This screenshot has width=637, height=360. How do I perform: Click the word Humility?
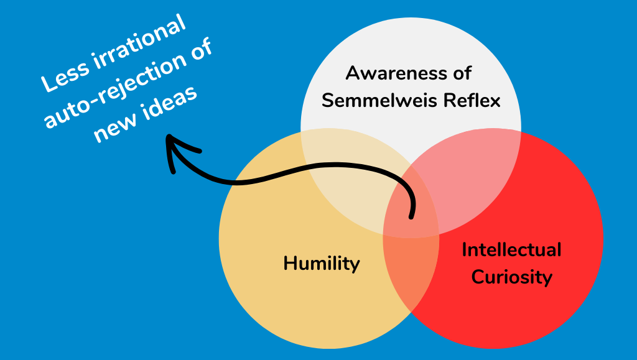click(x=322, y=263)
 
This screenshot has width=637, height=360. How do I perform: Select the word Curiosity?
click(x=511, y=277)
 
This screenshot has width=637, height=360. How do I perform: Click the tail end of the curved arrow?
click(x=411, y=217)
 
